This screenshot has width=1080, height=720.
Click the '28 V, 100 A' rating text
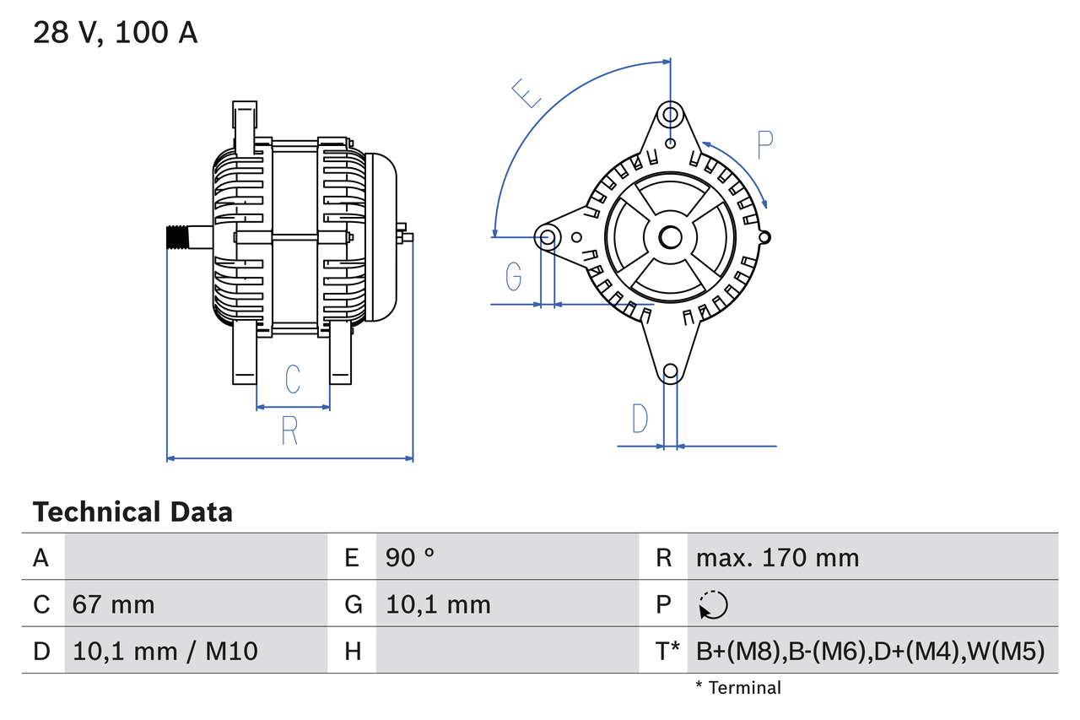click(x=115, y=33)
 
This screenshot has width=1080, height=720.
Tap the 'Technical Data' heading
click(x=132, y=512)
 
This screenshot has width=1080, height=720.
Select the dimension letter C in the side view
click(x=292, y=380)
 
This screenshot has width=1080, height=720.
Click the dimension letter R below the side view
click(x=289, y=430)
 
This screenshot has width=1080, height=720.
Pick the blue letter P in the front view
click(x=764, y=145)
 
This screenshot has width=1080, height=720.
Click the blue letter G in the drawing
click(x=513, y=275)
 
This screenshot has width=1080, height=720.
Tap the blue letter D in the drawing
click(x=640, y=419)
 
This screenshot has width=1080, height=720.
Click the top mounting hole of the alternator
click(x=670, y=114)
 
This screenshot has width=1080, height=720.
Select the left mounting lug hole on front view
click(x=548, y=236)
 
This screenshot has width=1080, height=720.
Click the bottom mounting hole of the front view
click(x=670, y=371)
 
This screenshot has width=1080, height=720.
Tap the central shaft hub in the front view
click(x=670, y=237)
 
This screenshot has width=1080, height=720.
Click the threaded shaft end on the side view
click(x=176, y=237)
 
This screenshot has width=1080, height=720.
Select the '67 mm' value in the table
click(x=114, y=604)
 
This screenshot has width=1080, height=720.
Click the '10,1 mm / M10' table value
click(x=165, y=651)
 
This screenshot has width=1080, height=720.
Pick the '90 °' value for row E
click(x=410, y=557)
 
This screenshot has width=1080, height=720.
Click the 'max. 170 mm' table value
click(x=777, y=557)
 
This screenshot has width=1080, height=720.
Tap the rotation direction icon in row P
click(x=713, y=604)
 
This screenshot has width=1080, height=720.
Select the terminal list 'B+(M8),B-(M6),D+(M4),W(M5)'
click(x=870, y=651)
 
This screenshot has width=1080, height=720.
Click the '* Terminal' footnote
click(x=738, y=687)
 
